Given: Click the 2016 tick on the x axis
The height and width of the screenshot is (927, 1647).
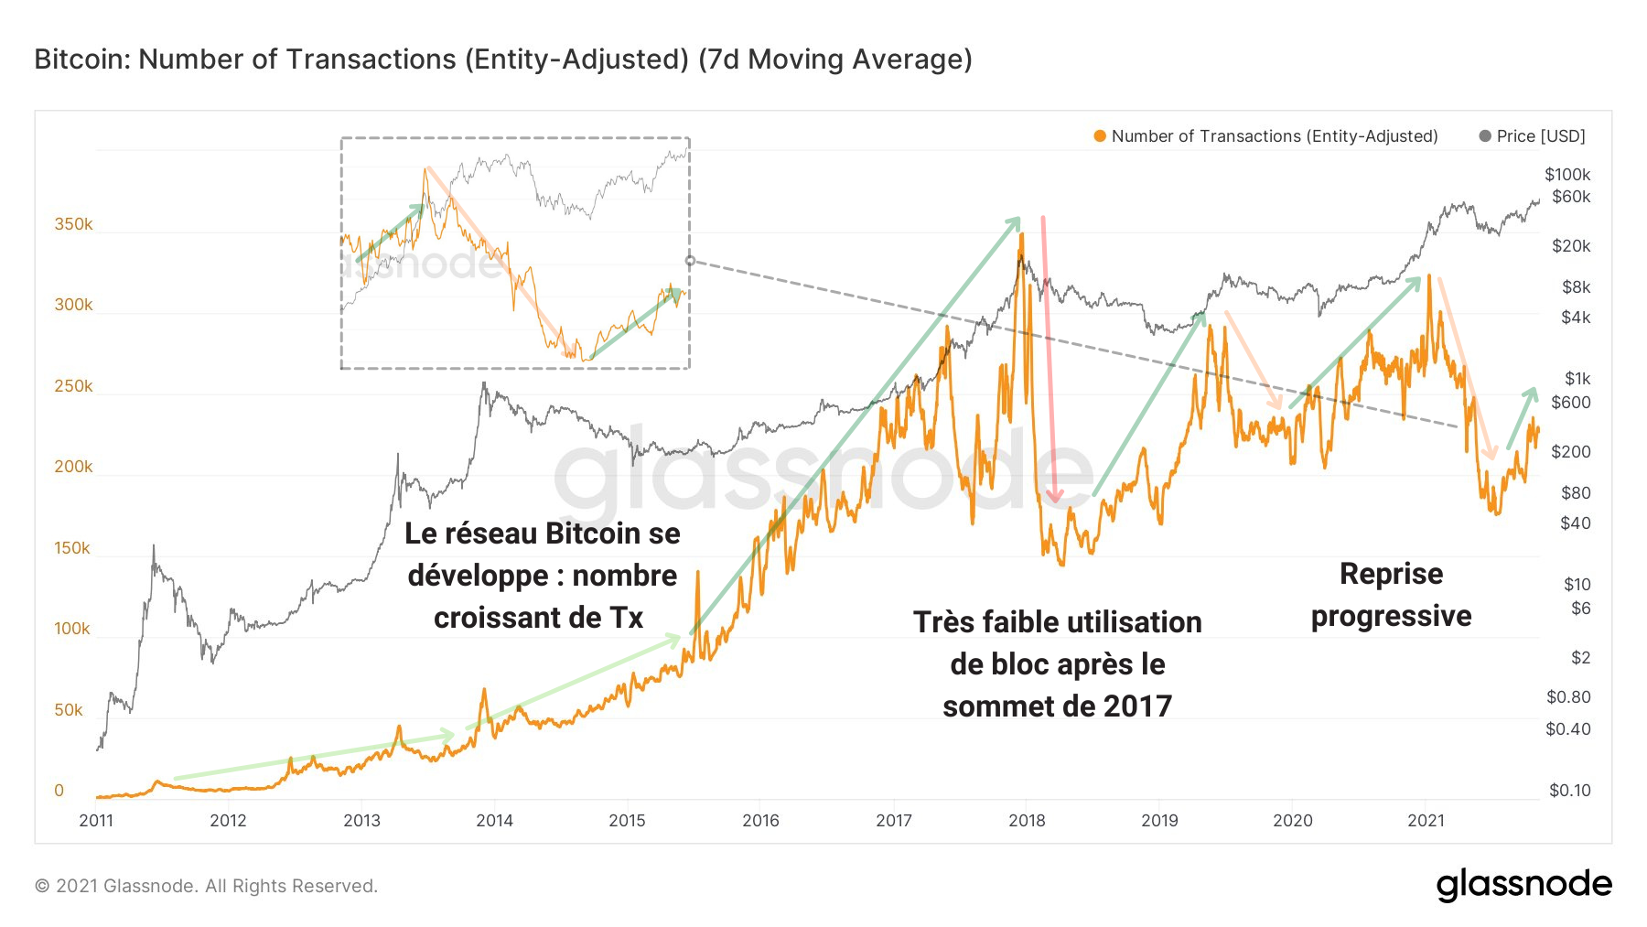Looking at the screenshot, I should pyautogui.click(x=760, y=821).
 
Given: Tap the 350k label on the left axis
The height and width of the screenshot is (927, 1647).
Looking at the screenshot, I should pyautogui.click(x=73, y=224).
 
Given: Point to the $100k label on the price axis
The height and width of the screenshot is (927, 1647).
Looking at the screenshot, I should pyautogui.click(x=1567, y=175).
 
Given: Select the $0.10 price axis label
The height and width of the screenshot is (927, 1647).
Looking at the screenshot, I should pyautogui.click(x=1569, y=791).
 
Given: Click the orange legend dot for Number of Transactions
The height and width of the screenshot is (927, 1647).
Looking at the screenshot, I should pyautogui.click(x=1100, y=136).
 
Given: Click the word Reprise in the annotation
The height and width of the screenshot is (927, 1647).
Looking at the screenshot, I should pyautogui.click(x=1391, y=574).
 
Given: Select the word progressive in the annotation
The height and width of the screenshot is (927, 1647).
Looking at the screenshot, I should pyautogui.click(x=1391, y=616).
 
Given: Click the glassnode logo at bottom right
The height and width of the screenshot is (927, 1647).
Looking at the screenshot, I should pyautogui.click(x=1523, y=884).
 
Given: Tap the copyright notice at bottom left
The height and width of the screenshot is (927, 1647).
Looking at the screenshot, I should pyautogui.click(x=206, y=886).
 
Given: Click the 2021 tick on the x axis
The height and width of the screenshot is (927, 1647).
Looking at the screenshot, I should pyautogui.click(x=1426, y=821).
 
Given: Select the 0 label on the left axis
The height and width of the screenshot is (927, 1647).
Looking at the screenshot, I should pyautogui.click(x=59, y=791).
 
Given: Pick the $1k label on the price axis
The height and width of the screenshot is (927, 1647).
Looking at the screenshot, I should pyautogui.click(x=1577, y=379).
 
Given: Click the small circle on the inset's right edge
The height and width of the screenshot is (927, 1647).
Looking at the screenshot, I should pyautogui.click(x=690, y=261).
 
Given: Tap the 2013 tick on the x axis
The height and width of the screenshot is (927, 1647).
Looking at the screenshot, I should pyautogui.click(x=361, y=821).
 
